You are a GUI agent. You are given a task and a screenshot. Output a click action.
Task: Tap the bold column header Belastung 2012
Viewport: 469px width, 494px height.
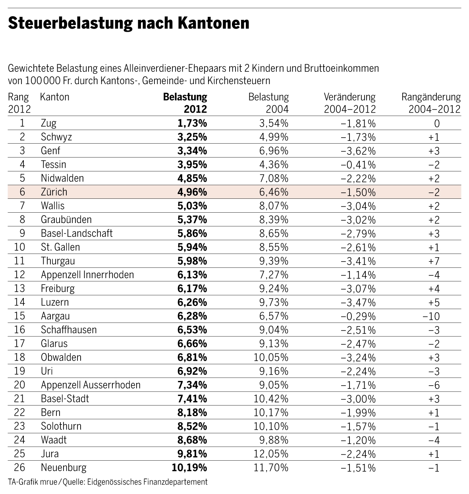pos(185,103)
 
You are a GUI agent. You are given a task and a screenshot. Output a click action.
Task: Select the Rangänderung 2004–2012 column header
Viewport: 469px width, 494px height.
pos(431,103)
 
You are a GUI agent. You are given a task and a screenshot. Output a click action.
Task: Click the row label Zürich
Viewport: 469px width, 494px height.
pos(54,192)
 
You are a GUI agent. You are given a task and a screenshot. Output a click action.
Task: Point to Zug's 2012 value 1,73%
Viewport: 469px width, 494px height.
pos(192,123)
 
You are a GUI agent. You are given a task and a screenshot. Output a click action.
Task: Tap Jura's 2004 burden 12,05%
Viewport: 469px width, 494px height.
pos(271,454)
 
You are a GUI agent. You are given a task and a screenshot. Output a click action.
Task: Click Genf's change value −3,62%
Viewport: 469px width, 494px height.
pos(358,151)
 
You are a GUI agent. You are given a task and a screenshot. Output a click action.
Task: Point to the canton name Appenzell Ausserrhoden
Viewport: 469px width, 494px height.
pos(91,385)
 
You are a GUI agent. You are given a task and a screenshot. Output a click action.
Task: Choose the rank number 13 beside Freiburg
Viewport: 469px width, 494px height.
pos(19,288)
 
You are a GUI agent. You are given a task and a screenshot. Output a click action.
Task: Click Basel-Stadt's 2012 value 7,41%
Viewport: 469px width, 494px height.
pos(192,399)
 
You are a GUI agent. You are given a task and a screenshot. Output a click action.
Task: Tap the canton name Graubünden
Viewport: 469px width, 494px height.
pos(66,219)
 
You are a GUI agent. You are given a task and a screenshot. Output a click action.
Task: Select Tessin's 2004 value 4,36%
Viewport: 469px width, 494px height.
pos(274,165)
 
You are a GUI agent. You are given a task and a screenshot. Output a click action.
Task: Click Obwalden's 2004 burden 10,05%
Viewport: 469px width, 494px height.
pos(271,358)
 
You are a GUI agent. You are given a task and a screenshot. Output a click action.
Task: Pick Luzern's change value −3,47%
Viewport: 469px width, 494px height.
pos(358,302)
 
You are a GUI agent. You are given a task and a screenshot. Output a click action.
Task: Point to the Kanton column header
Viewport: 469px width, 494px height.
pos(54,97)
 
